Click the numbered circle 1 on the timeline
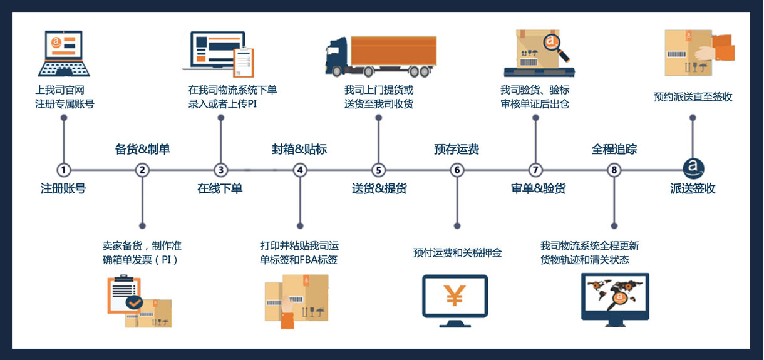[x=63, y=170]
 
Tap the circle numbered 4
[x=301, y=170]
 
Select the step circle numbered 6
[x=457, y=170]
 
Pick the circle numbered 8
[x=614, y=170]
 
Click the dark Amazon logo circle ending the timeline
[x=693, y=168]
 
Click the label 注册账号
[x=63, y=188]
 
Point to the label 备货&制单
[x=142, y=150]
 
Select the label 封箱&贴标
[x=299, y=150]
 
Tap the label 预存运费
[x=457, y=150]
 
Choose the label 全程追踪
[x=614, y=150]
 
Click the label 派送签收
[x=693, y=188]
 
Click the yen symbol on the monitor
[x=455, y=296]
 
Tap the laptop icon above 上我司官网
[x=63, y=53]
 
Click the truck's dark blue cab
[x=337, y=55]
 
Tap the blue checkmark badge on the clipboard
[x=134, y=303]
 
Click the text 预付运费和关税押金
[x=457, y=253]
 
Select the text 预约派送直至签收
[x=693, y=97]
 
